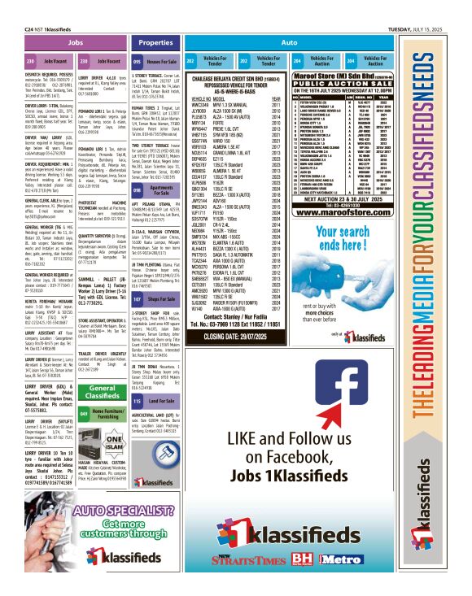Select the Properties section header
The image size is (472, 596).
point(155,41)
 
